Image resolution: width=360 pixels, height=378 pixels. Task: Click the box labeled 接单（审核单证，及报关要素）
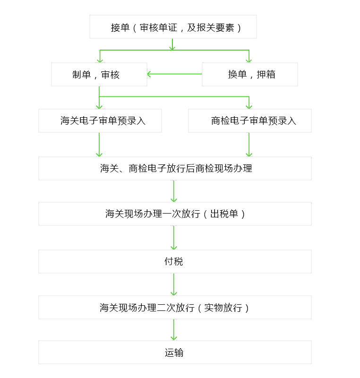pyautogui.click(x=173, y=27)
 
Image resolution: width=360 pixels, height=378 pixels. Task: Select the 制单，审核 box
pyautogui.click(x=99, y=74)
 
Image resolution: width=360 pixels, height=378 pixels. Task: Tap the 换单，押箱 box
pyautogui.click(x=250, y=74)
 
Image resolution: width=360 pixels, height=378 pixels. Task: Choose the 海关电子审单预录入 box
pyautogui.click(x=100, y=120)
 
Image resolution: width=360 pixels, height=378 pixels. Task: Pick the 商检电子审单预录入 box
pyautogui.click(x=250, y=120)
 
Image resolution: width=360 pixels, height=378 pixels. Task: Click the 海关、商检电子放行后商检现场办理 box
pyautogui.click(x=175, y=168)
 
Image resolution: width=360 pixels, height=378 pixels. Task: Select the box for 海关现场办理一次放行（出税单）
pyautogui.click(x=175, y=214)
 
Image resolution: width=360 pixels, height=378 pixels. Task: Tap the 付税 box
pyautogui.click(x=175, y=262)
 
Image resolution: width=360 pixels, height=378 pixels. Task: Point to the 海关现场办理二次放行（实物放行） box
pyautogui.click(x=175, y=308)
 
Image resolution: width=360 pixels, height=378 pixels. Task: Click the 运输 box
pyautogui.click(x=175, y=352)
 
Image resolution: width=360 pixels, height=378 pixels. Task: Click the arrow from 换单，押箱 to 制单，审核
pyautogui.click(x=174, y=74)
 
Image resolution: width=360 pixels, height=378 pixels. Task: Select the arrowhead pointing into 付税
pyautogui.click(x=174, y=248)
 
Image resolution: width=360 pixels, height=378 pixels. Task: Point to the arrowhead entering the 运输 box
pyautogui.click(x=174, y=338)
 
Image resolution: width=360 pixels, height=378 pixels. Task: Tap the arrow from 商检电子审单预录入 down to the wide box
pyautogui.click(x=249, y=145)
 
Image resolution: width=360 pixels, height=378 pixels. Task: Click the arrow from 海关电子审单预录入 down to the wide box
pyautogui.click(x=99, y=145)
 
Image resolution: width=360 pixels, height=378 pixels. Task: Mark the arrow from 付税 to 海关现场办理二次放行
pyautogui.click(x=174, y=284)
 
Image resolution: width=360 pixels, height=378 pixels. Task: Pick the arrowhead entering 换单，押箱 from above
pyautogui.click(x=249, y=60)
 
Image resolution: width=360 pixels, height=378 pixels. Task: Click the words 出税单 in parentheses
pyautogui.click(x=224, y=214)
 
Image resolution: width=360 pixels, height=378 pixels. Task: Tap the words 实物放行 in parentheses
pyautogui.click(x=223, y=308)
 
